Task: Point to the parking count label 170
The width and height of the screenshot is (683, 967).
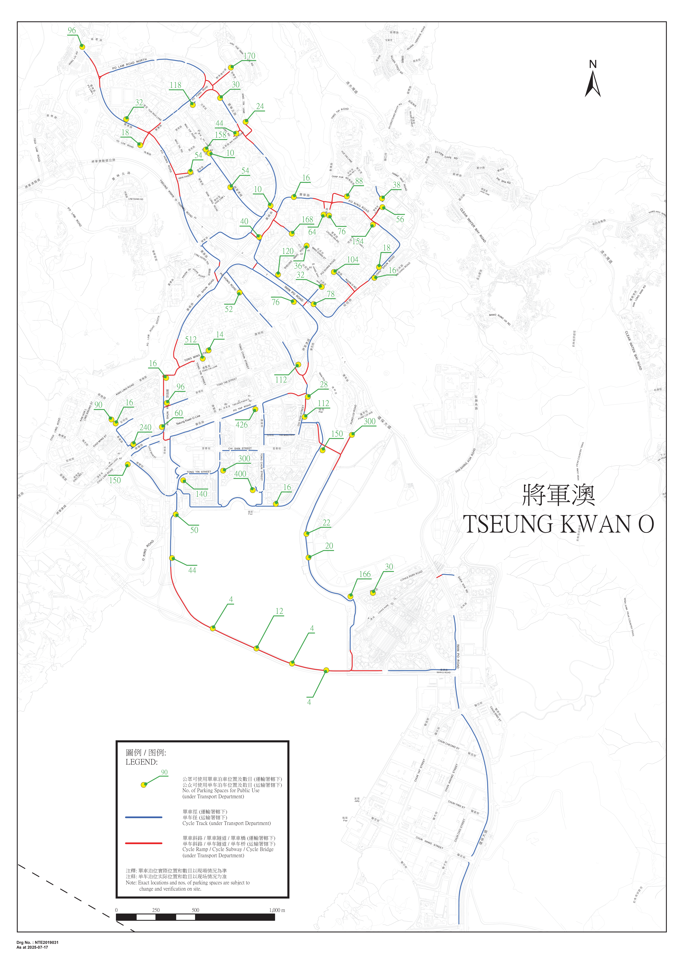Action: [249, 56]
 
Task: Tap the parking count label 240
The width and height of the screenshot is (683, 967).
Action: [145, 427]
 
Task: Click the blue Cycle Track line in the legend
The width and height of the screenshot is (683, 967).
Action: [144, 817]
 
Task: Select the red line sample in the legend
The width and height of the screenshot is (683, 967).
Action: [144, 843]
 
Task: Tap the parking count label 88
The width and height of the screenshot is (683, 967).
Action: [359, 181]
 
